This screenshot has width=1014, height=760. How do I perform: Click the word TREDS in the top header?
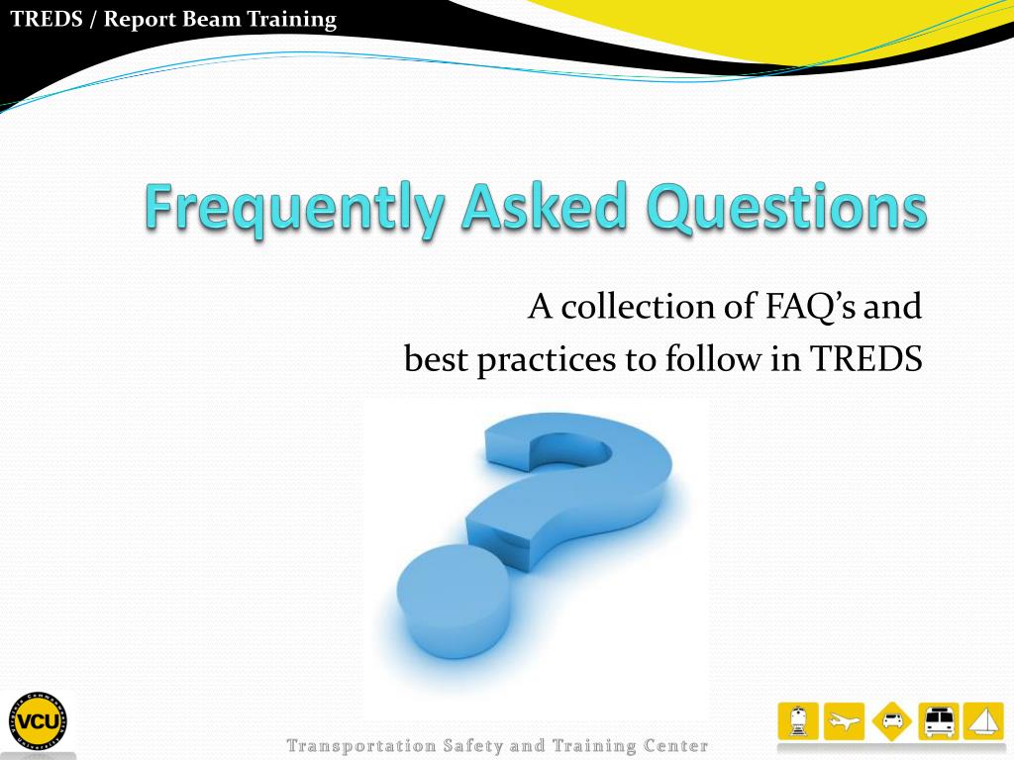(x=47, y=19)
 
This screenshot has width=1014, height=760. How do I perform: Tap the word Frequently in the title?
(x=294, y=207)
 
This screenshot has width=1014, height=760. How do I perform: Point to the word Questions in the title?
(x=786, y=207)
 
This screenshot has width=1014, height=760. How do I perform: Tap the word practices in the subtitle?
(x=547, y=360)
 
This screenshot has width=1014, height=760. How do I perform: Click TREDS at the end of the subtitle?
(x=865, y=358)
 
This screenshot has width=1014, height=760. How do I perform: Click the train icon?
(x=798, y=721)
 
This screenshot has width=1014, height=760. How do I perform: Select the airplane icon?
(x=844, y=721)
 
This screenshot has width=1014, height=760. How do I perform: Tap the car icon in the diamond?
(x=892, y=721)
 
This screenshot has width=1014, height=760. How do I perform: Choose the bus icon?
(x=939, y=721)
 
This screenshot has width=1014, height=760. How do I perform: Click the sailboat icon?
(x=983, y=721)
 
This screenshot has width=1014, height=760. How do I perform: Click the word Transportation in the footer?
(x=361, y=746)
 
